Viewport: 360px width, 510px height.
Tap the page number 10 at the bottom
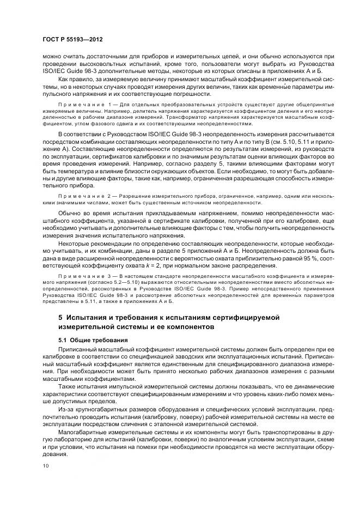(46, 466)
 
